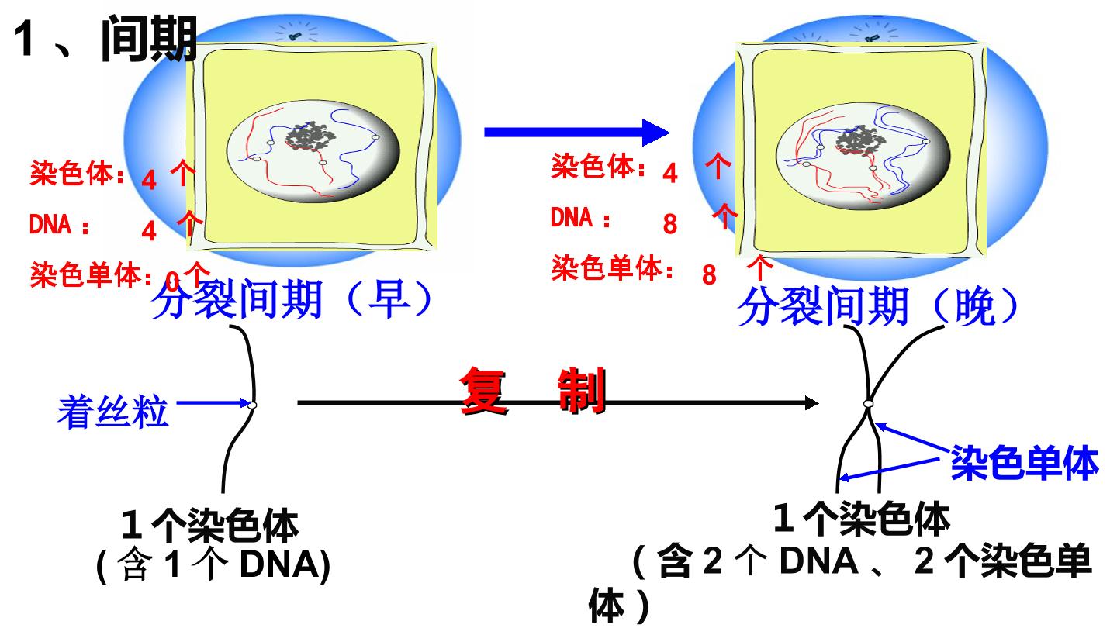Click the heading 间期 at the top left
click(x=149, y=39)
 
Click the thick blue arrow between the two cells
click(x=577, y=132)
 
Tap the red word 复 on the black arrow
click(x=483, y=392)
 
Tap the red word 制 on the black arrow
click(x=582, y=392)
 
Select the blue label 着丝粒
click(x=113, y=412)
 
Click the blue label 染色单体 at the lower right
click(x=1025, y=463)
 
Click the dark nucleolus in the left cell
click(x=311, y=136)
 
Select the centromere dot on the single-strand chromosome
click(x=252, y=405)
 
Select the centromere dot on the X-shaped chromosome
click(x=869, y=404)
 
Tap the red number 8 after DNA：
click(x=670, y=224)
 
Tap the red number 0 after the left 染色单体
click(x=172, y=281)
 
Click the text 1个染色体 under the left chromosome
click(x=210, y=526)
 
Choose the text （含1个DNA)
click(x=213, y=564)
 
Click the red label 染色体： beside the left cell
click(x=77, y=174)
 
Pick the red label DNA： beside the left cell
click(x=59, y=224)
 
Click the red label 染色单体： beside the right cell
click(x=613, y=268)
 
